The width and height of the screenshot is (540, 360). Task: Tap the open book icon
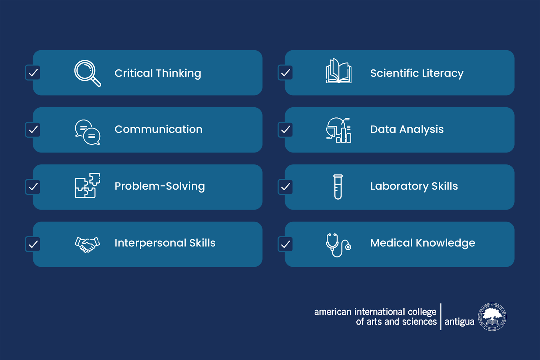pos(339,71)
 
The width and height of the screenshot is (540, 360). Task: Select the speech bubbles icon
pos(87,132)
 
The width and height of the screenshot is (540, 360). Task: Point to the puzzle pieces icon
pos(87,186)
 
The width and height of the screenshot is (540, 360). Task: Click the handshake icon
pos(87,244)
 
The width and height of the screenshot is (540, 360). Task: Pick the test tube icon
pos(338,187)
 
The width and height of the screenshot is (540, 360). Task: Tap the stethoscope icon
pos(338,245)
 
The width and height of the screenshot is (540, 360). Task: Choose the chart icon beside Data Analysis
pos(339,130)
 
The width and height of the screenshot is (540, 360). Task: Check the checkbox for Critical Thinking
pos(33,73)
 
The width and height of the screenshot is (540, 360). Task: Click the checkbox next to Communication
pos(33,130)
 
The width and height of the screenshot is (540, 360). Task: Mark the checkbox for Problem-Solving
pos(33,187)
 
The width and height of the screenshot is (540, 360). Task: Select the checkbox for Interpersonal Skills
pos(33,244)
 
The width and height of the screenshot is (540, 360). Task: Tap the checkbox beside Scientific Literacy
pos(285,73)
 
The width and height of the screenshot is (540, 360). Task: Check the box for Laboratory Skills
pos(285,187)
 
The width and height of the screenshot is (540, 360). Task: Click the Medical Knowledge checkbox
pos(285,244)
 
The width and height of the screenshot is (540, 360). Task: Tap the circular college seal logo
pos(492,316)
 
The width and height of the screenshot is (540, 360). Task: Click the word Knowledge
pos(446,243)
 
